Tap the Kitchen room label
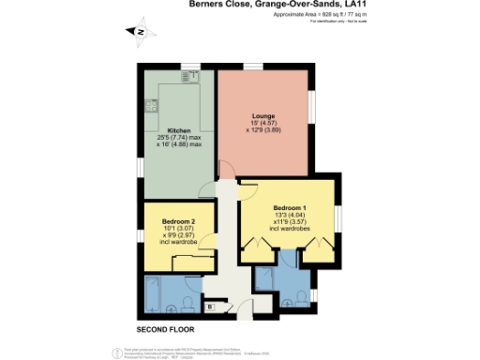click(x=179, y=130)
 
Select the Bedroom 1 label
click(x=290, y=206)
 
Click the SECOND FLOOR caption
click(x=166, y=330)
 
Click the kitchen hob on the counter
click(x=152, y=107)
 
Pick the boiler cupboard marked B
click(x=210, y=306)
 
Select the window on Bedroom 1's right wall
click(x=336, y=218)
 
